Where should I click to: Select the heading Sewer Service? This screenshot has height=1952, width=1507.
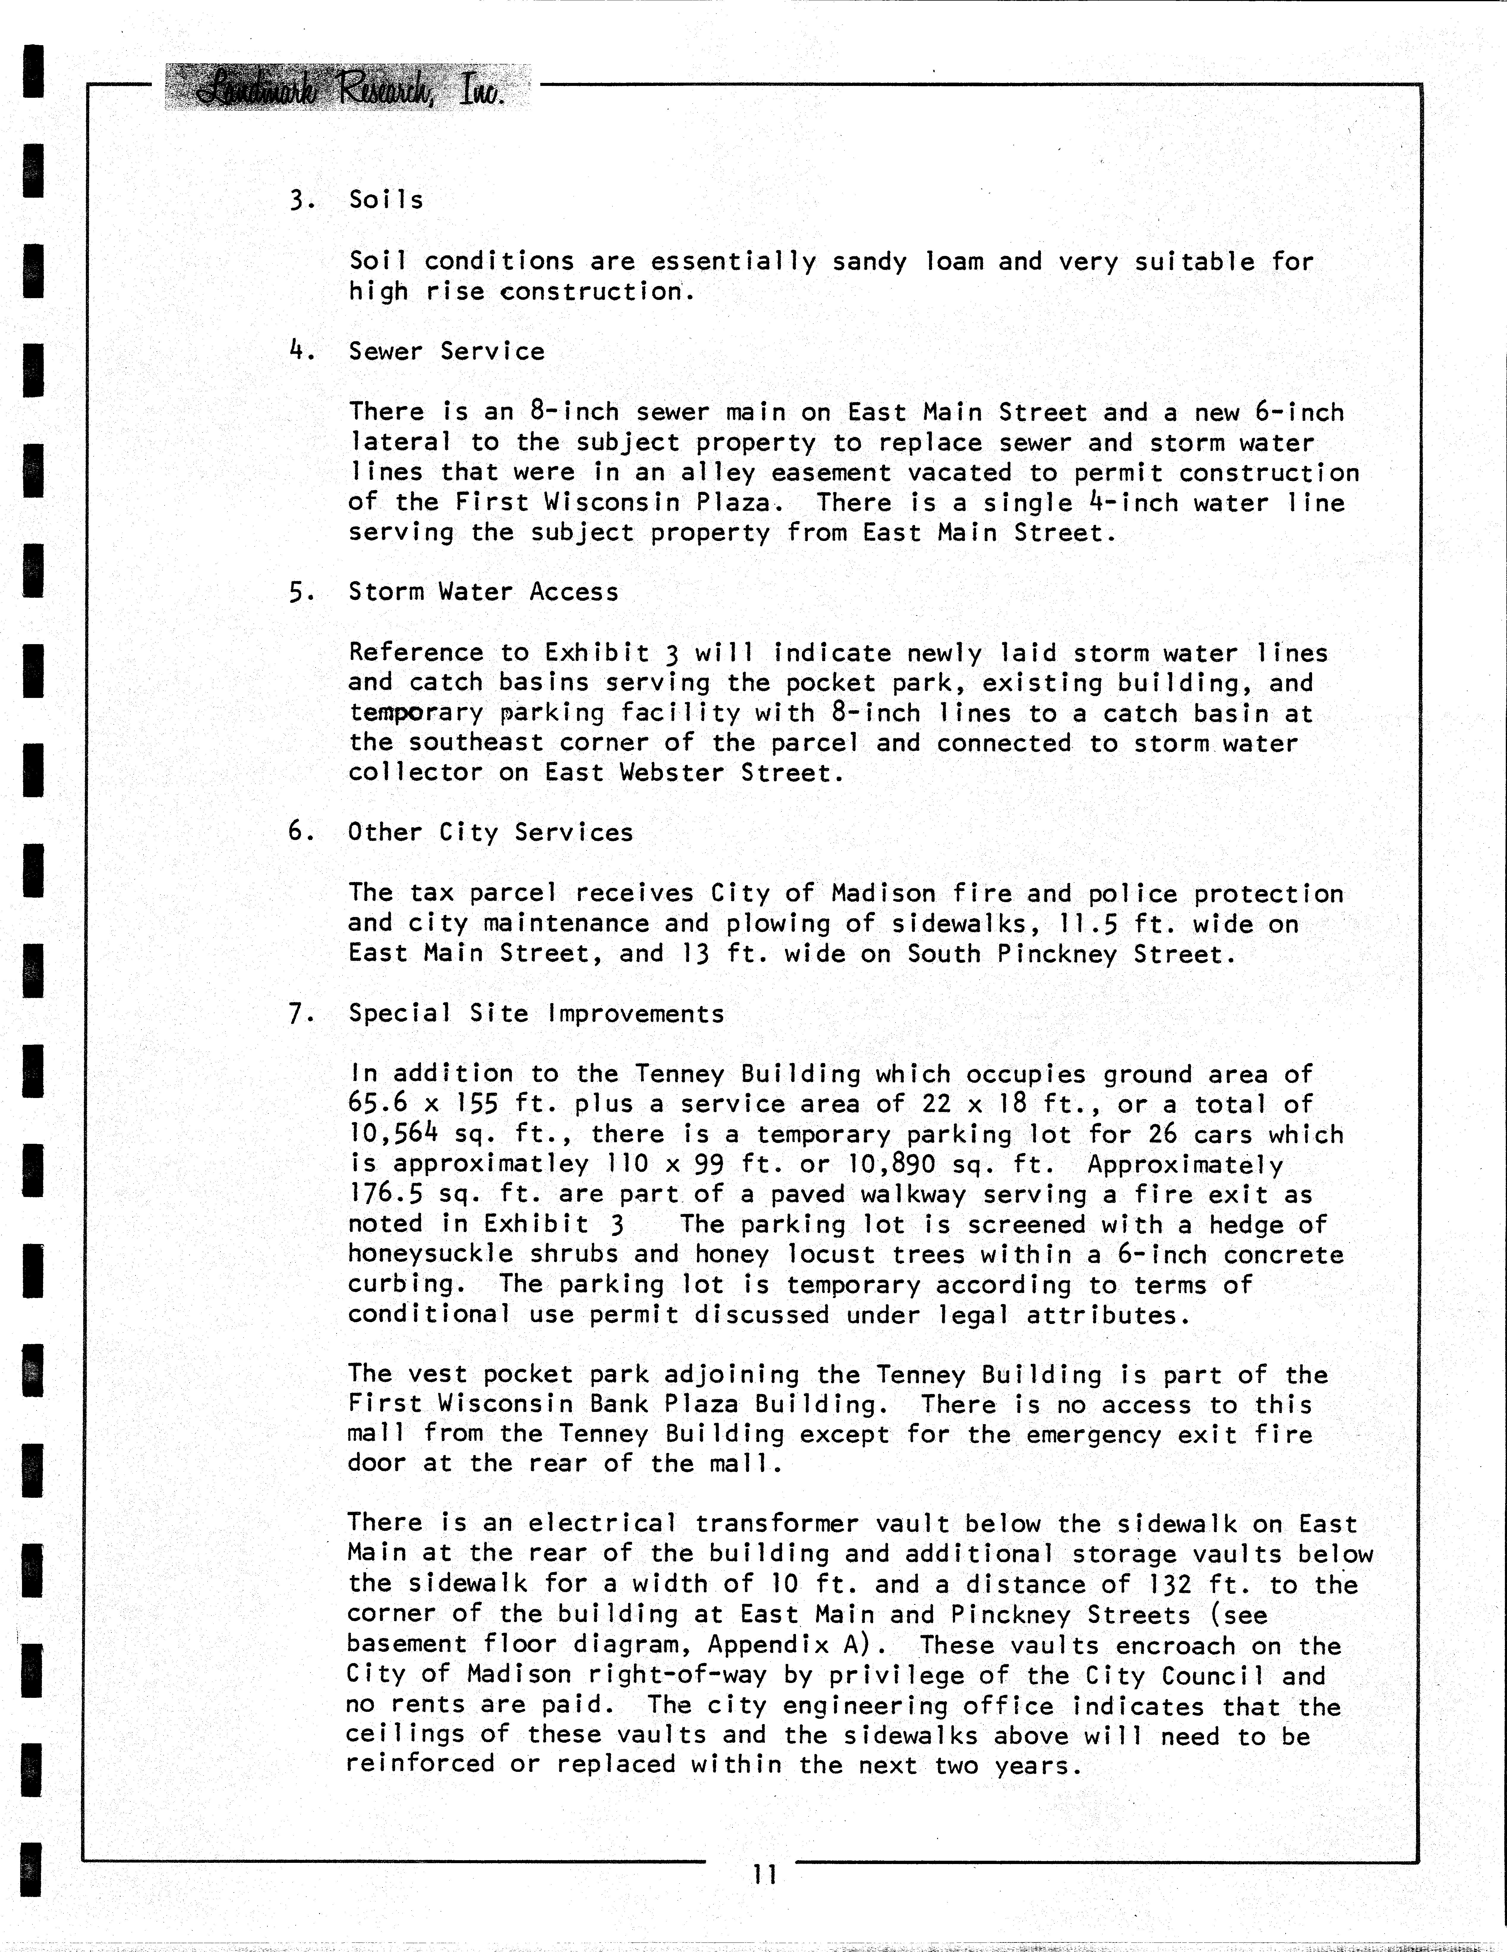point(447,351)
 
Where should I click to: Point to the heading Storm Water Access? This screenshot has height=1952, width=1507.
point(483,592)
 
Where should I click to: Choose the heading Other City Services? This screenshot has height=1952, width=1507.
point(491,832)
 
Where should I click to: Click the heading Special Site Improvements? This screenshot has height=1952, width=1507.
point(536,1014)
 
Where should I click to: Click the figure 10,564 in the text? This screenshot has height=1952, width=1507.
point(393,1134)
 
